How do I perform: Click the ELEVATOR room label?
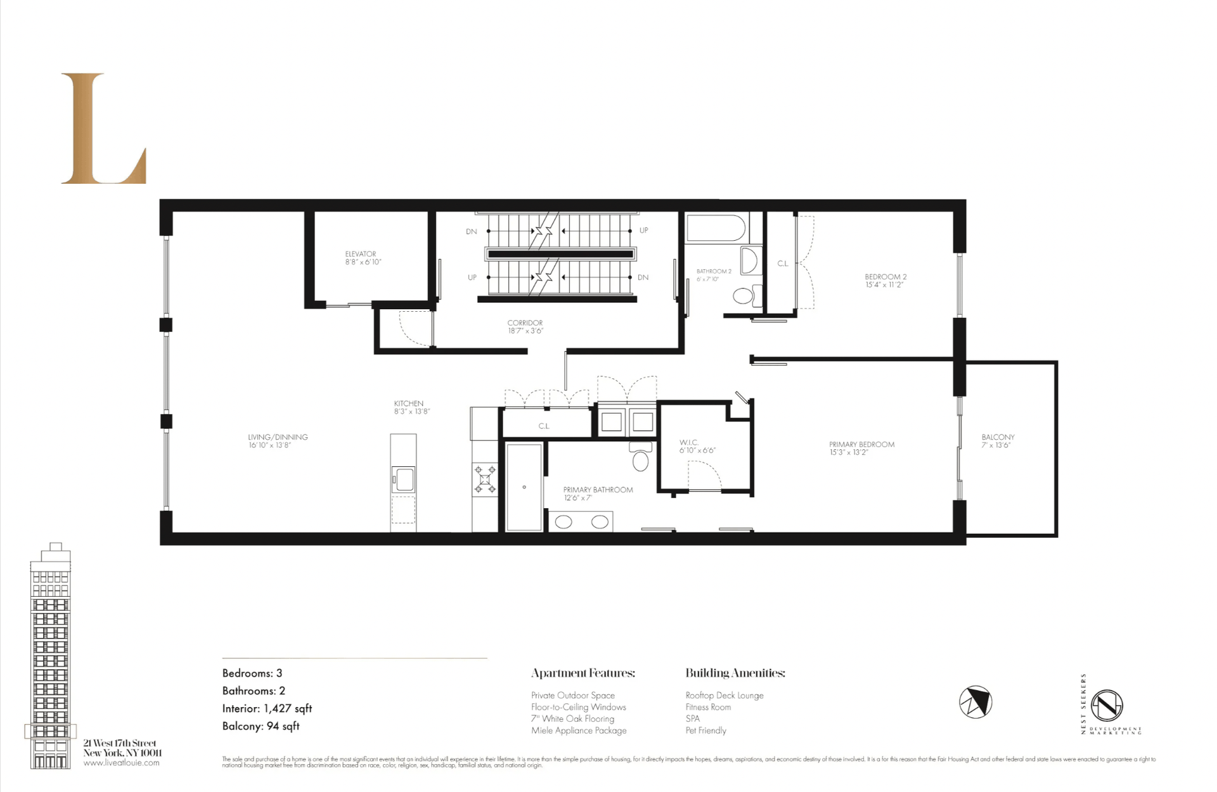tap(361, 254)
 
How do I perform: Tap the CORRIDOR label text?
tap(525, 323)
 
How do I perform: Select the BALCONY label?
tap(998, 437)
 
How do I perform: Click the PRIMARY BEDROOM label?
tap(861, 445)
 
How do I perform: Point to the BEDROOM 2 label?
tap(885, 277)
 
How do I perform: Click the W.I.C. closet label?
tap(689, 442)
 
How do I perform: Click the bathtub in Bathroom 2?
tap(716, 229)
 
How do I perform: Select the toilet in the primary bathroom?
tap(640, 457)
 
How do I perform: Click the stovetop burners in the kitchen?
tap(486, 480)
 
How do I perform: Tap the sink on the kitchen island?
tap(403, 479)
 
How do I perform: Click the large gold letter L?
tap(103, 129)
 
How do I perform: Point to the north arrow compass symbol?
tap(975, 702)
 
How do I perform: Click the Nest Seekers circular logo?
tap(1107, 705)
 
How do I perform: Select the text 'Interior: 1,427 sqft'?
tap(267, 708)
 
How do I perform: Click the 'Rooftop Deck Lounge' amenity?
tap(724, 696)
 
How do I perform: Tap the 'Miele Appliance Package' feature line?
tap(579, 731)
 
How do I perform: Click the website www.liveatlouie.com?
tap(122, 763)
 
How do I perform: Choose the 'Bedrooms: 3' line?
tap(252, 674)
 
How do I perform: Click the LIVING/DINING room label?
tap(278, 437)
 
